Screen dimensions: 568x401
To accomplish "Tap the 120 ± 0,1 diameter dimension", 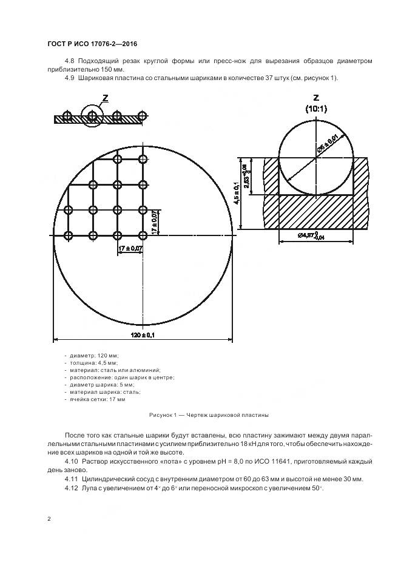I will click(143, 336).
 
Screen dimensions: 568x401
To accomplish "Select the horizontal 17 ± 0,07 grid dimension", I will click(131, 248).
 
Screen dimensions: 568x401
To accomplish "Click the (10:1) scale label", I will click(315, 109).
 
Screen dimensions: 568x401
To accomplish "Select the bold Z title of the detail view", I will click(315, 98).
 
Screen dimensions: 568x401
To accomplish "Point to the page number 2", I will click(49, 519).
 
